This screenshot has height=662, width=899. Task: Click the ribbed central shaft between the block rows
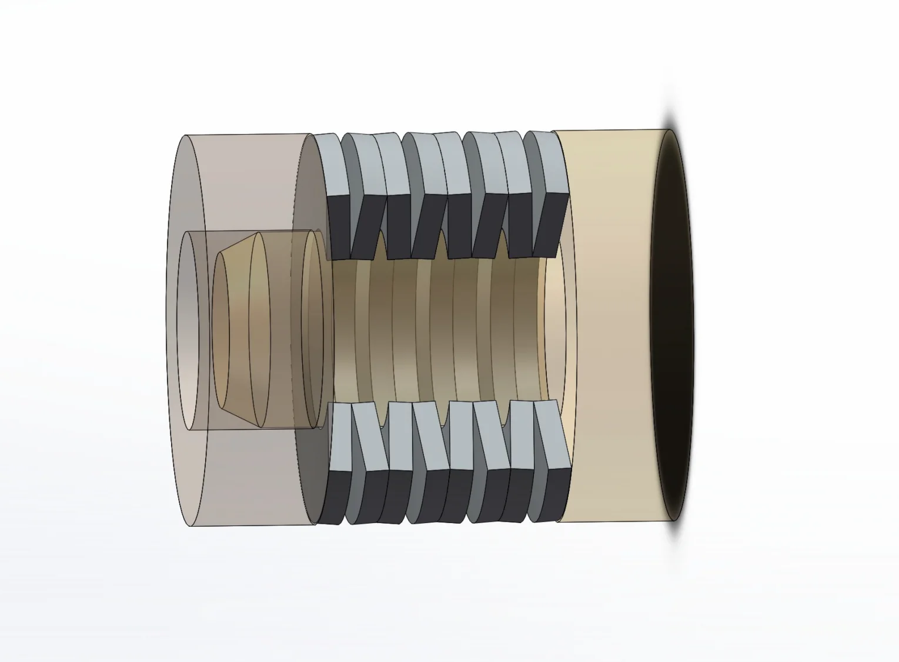[435, 330]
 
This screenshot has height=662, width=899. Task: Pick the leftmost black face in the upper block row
[338, 227]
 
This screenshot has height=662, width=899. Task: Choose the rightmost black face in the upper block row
[550, 224]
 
